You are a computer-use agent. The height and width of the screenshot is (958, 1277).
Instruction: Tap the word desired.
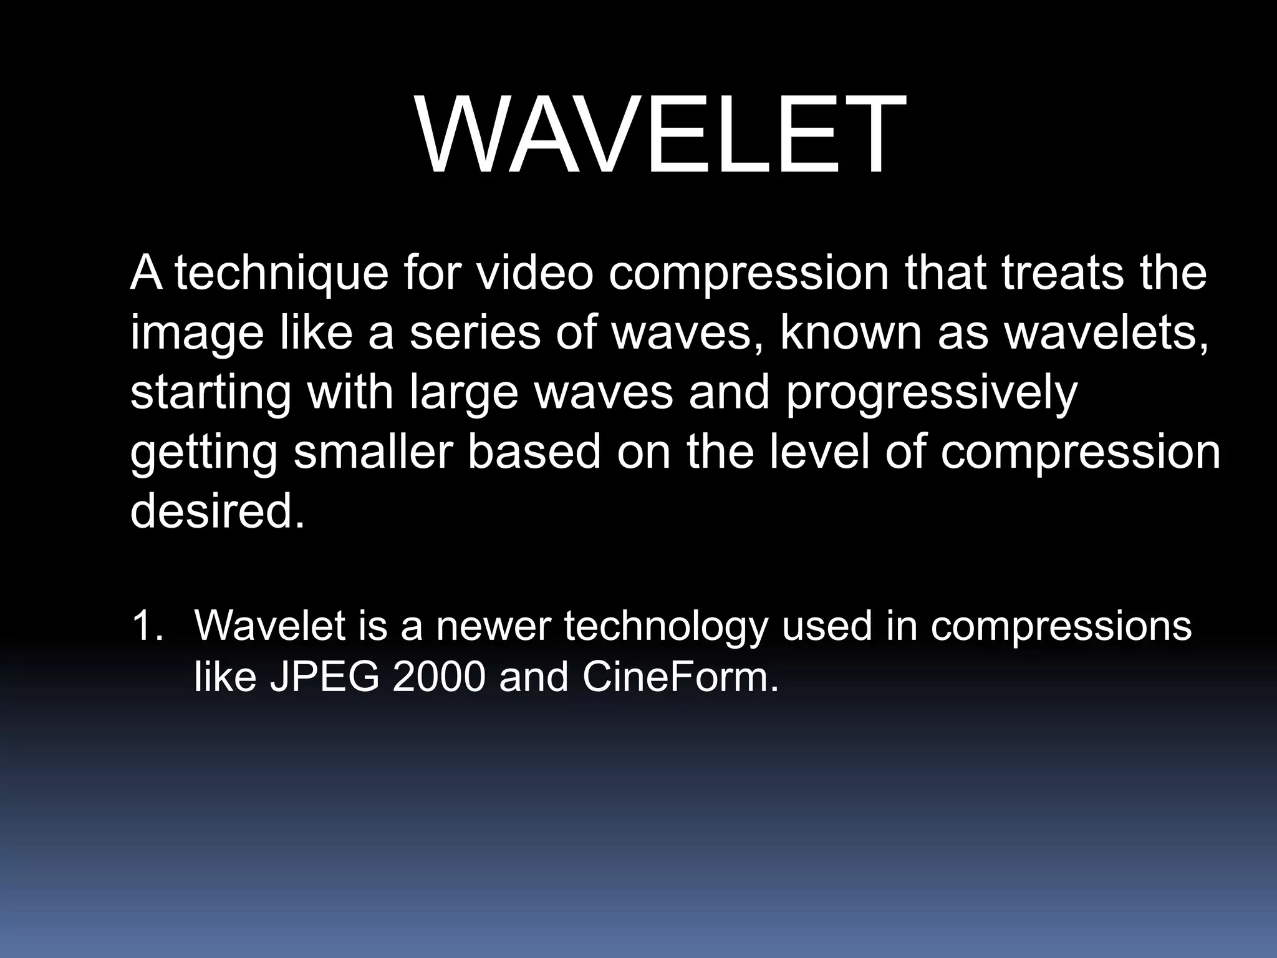point(218,510)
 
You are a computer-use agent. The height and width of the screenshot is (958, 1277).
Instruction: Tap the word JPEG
point(324,677)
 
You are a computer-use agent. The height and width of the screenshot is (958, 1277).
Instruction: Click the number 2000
point(439,677)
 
